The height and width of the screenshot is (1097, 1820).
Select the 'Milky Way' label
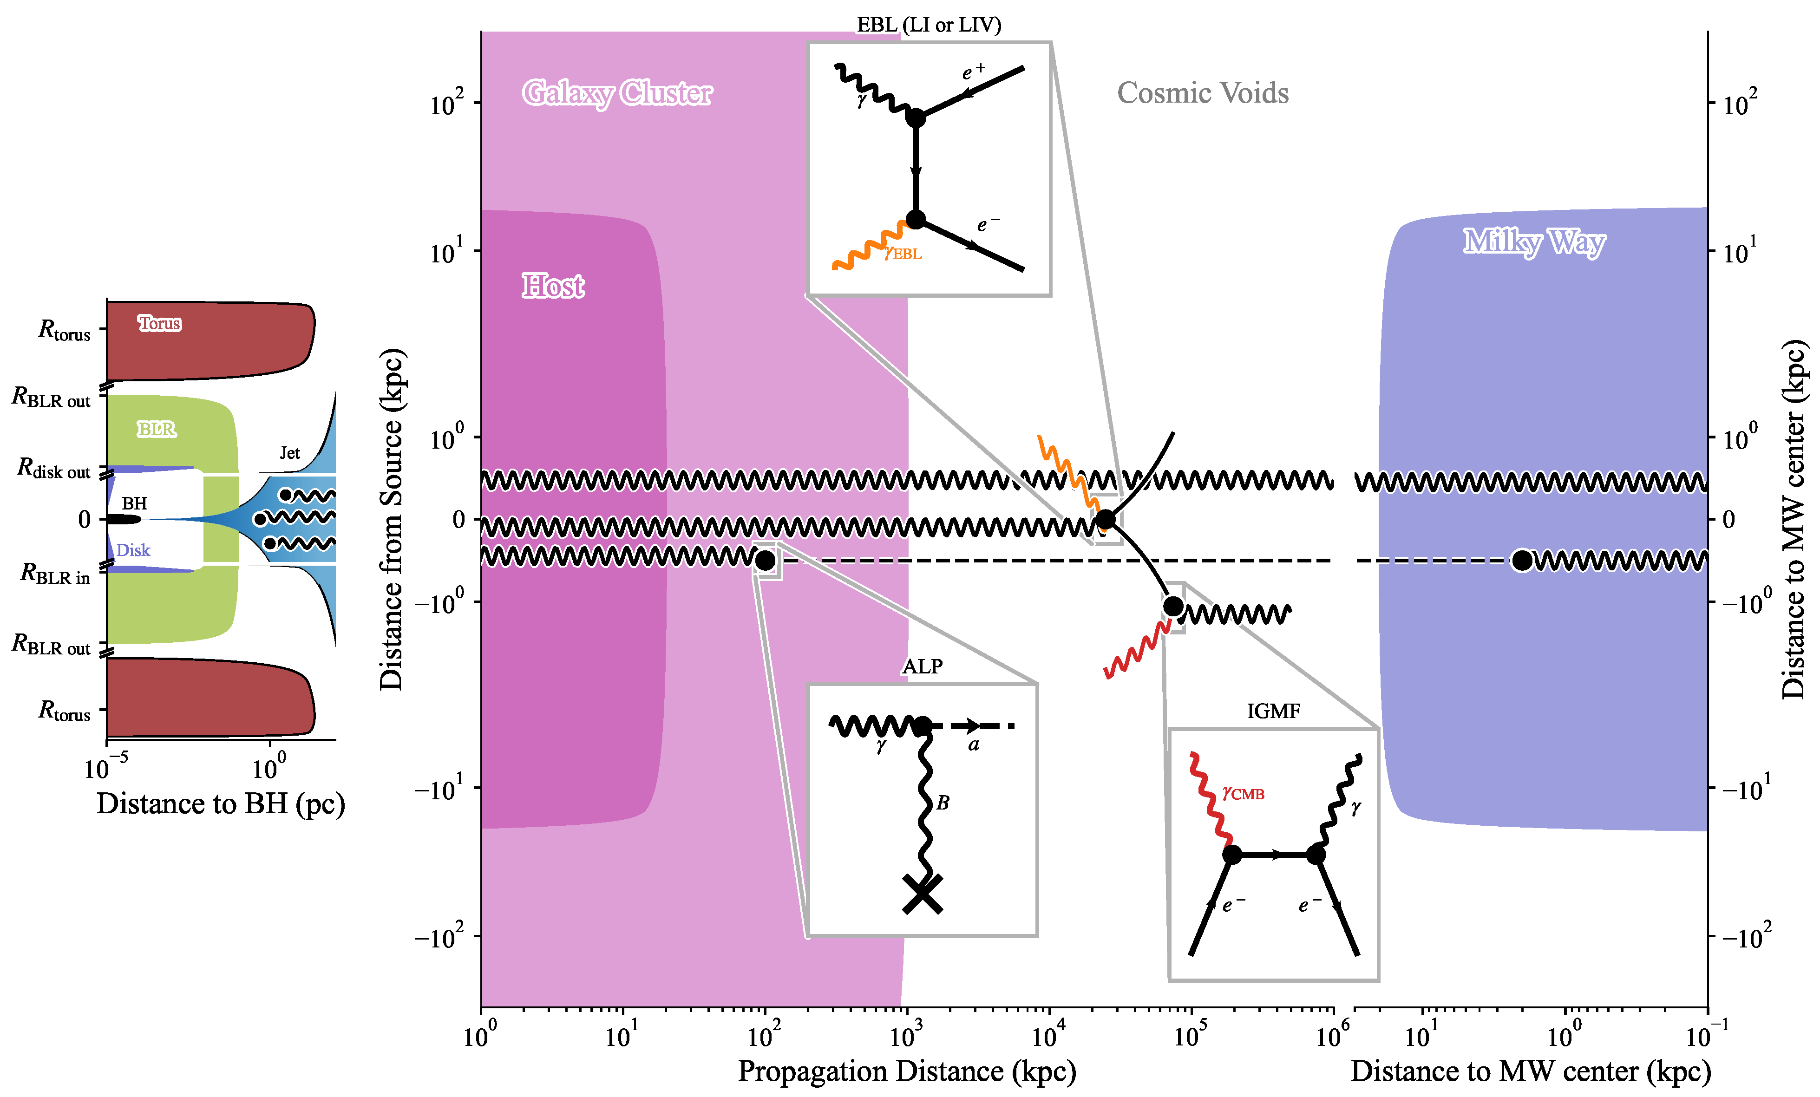pos(1534,242)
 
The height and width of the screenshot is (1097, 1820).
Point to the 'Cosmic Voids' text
pos(1203,93)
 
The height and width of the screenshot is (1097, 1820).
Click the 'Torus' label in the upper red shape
pos(159,324)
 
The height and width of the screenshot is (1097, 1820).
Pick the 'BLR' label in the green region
pos(157,429)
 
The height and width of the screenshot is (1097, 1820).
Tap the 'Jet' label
pos(289,453)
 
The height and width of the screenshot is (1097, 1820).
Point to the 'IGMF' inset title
pos(1273,712)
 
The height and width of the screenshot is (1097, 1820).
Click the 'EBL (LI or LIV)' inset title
pos(929,25)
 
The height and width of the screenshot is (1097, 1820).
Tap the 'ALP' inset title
pos(923,666)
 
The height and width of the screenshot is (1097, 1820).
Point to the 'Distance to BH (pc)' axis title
pos(221,804)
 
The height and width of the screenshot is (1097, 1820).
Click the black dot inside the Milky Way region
pos(1522,561)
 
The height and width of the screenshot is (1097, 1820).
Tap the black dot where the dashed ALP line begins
pos(765,561)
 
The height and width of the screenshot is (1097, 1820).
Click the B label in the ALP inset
pos(943,803)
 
